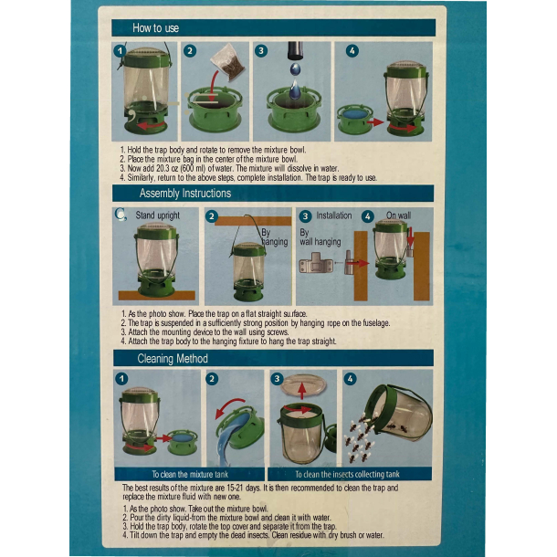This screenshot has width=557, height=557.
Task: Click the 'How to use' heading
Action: tap(156, 28)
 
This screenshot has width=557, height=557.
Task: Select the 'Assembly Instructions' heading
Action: tap(184, 194)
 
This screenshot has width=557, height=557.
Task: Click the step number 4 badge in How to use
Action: tap(352, 51)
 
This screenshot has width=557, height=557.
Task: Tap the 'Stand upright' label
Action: tap(158, 216)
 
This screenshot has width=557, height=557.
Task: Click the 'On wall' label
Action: tap(398, 216)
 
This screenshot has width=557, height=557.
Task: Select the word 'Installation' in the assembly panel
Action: tap(333, 216)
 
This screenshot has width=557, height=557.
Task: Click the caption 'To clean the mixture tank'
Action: tap(191, 474)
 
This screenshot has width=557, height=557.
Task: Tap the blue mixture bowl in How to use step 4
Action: tap(353, 115)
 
